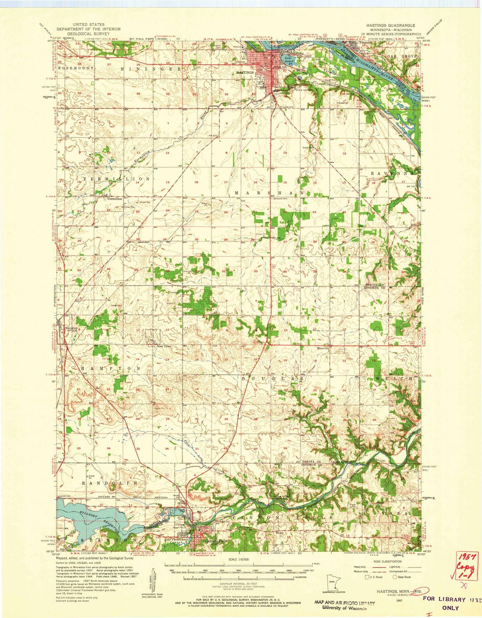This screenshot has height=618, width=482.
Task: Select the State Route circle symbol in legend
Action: click(x=395, y=576)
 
